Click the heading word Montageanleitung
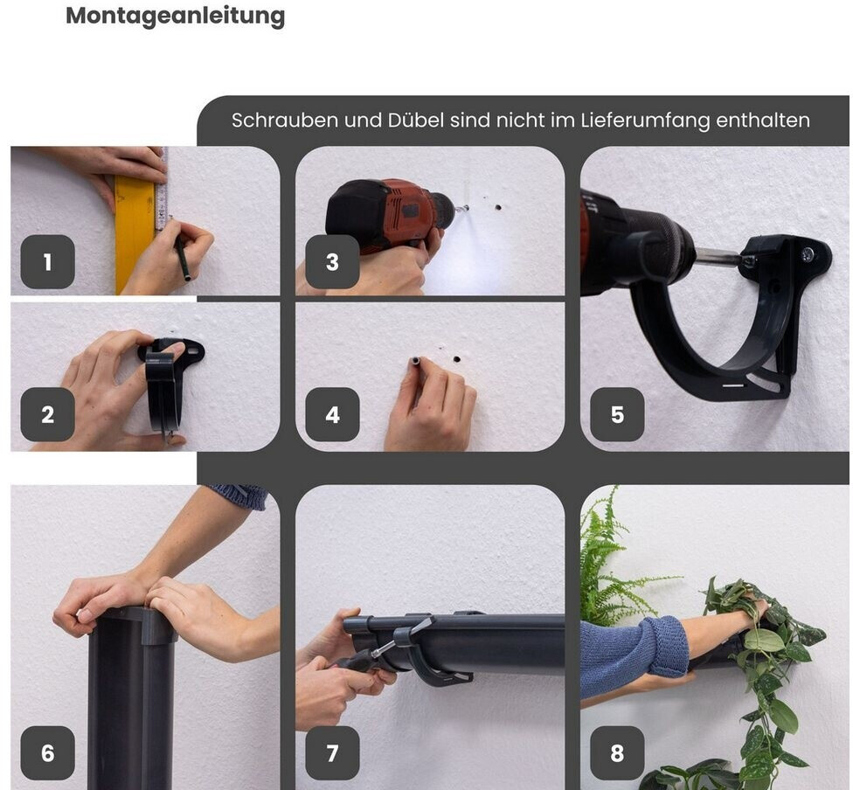175,17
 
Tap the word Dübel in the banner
415,121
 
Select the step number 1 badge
47,261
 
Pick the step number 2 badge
47,414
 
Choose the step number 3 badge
332,261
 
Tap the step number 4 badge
332,414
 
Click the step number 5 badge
617,414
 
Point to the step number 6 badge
47,753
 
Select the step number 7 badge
332,753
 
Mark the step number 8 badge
617,753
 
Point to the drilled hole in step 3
497,207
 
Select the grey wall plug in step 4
416,360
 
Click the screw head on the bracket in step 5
808,253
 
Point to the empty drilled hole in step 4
456,359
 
